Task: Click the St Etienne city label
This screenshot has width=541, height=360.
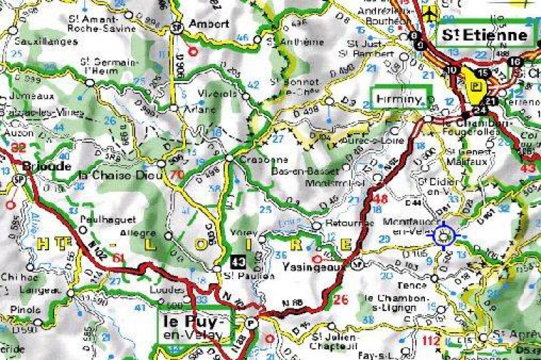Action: point(485,35)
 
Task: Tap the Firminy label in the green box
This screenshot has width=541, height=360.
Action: point(400,99)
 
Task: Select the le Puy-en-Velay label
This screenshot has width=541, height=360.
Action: point(195,325)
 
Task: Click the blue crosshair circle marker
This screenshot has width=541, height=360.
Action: point(445,236)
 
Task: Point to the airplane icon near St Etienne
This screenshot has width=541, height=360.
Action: point(429,13)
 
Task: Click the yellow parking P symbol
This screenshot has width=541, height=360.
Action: point(476,87)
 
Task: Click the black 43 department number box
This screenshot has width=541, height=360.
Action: point(238,260)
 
